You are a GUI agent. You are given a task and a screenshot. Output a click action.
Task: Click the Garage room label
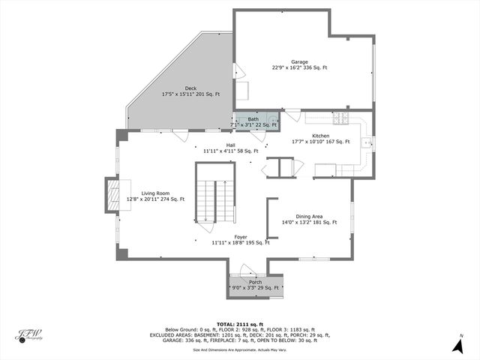coord(299,62)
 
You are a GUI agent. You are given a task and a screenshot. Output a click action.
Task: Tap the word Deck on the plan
coord(190,88)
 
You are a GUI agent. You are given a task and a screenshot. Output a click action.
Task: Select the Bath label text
coord(253,119)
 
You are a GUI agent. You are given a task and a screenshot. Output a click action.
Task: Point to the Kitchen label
coord(320,136)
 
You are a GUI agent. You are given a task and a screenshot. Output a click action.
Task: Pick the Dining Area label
coord(309,216)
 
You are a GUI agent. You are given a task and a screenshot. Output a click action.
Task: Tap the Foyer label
coord(240,236)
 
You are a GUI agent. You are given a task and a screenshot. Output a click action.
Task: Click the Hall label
coord(230,145)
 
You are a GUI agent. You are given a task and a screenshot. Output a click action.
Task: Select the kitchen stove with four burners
coord(340,118)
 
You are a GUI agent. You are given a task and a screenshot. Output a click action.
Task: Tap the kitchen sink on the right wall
coord(367,142)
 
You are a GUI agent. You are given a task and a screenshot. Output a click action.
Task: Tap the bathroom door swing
coord(259,136)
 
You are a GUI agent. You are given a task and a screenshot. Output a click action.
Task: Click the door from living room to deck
coord(180,135)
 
